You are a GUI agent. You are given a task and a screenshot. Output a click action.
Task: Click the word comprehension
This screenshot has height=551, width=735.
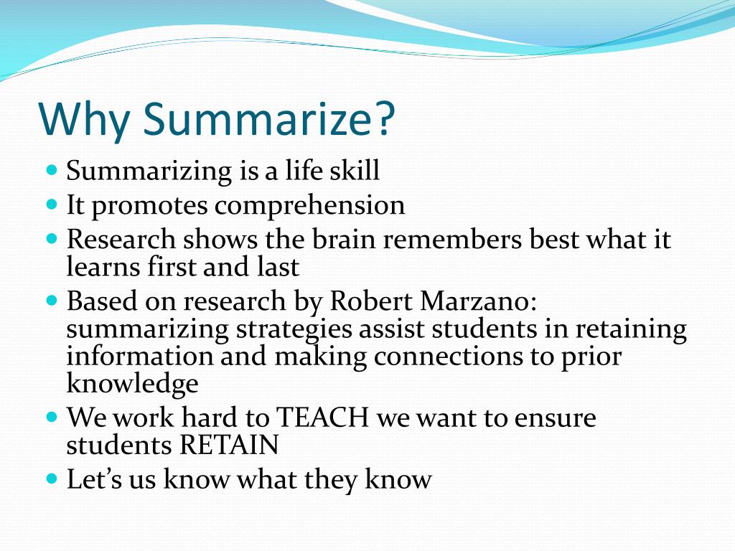coord(310,206)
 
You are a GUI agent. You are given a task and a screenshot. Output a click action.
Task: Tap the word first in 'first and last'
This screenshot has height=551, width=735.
coord(170,267)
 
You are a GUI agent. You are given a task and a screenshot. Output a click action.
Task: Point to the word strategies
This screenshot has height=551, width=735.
coord(293,329)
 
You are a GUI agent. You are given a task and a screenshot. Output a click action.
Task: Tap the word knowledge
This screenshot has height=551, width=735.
coord(132,384)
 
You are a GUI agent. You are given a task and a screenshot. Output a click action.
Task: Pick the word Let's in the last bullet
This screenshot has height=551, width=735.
coord(95,479)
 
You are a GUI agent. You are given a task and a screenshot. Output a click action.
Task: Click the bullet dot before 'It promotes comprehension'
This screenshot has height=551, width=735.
coord(51,204)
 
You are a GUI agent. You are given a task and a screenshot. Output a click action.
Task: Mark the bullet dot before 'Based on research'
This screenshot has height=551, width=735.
coord(51,300)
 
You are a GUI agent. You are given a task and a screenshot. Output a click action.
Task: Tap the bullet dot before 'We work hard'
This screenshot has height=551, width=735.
coord(51,416)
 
